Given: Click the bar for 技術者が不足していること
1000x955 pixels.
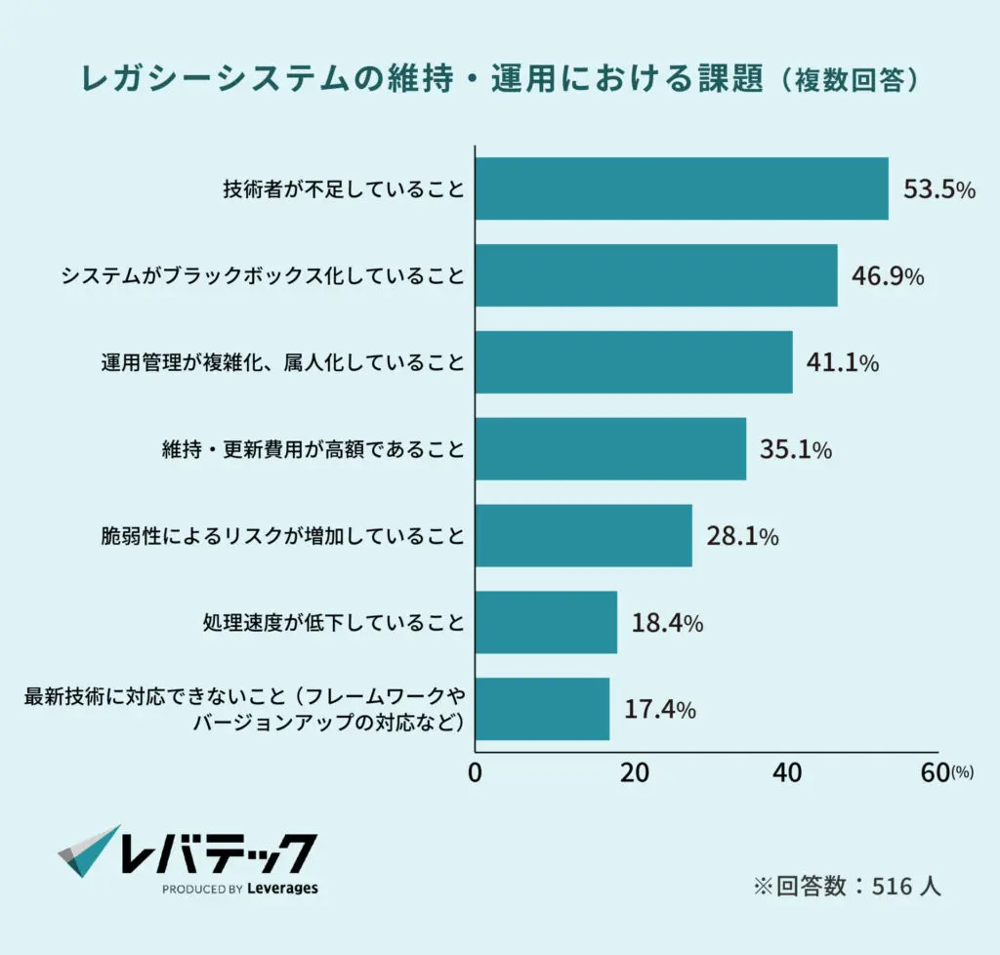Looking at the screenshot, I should pyautogui.click(x=681, y=188).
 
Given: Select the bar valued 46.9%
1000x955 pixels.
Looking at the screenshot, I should pyautogui.click(x=655, y=275).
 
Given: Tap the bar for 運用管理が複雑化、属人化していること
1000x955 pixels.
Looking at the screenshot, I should pyautogui.click(x=633, y=362).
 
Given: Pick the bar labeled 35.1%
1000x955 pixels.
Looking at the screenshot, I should pyautogui.click(x=610, y=449).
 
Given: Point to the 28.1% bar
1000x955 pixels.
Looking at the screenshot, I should pyautogui.click(x=583, y=536).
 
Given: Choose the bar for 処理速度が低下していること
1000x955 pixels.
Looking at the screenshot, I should pyautogui.click(x=546, y=622).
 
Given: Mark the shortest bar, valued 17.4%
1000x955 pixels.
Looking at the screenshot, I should pyautogui.click(x=542, y=709).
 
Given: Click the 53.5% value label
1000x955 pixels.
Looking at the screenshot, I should pyautogui.click(x=938, y=189).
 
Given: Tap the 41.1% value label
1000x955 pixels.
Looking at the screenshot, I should pyautogui.click(x=842, y=363).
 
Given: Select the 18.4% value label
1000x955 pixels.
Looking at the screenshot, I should pyautogui.click(x=667, y=623).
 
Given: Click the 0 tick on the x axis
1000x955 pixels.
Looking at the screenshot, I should pyautogui.click(x=476, y=772).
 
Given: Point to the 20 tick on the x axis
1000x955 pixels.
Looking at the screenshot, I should pyautogui.click(x=635, y=772).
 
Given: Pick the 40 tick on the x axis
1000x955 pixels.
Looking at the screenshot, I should pyautogui.click(x=787, y=772).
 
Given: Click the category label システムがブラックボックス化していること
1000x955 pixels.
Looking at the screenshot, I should pyautogui.click(x=263, y=276).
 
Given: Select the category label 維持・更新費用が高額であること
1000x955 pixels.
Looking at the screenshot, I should pyautogui.click(x=312, y=450).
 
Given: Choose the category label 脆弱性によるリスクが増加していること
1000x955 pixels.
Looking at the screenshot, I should pyautogui.click(x=282, y=536).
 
